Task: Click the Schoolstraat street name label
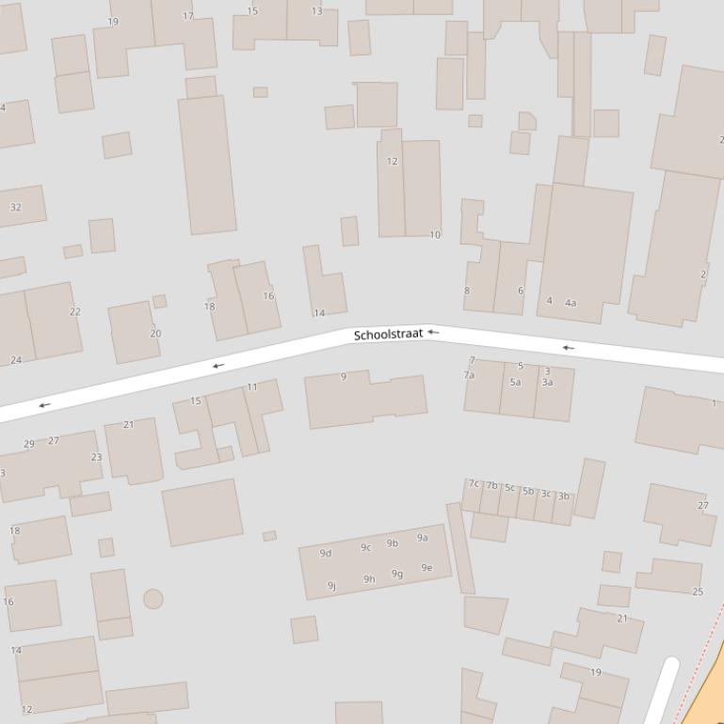point(388,335)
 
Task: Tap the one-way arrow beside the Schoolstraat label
point(433,332)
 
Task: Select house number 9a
point(423,538)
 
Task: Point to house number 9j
point(331,586)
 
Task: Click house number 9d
point(326,553)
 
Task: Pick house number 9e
point(426,567)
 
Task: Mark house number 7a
point(469,375)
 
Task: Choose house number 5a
point(515,383)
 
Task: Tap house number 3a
point(547,383)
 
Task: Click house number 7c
point(475,483)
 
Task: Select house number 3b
point(563,496)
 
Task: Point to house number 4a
point(571,303)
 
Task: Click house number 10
point(435,235)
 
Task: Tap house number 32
point(15,207)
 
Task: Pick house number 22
point(75,312)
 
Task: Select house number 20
point(155,334)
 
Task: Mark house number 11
point(251,387)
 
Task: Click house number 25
point(698,591)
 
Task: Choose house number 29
point(29,444)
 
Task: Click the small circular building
point(153,599)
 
